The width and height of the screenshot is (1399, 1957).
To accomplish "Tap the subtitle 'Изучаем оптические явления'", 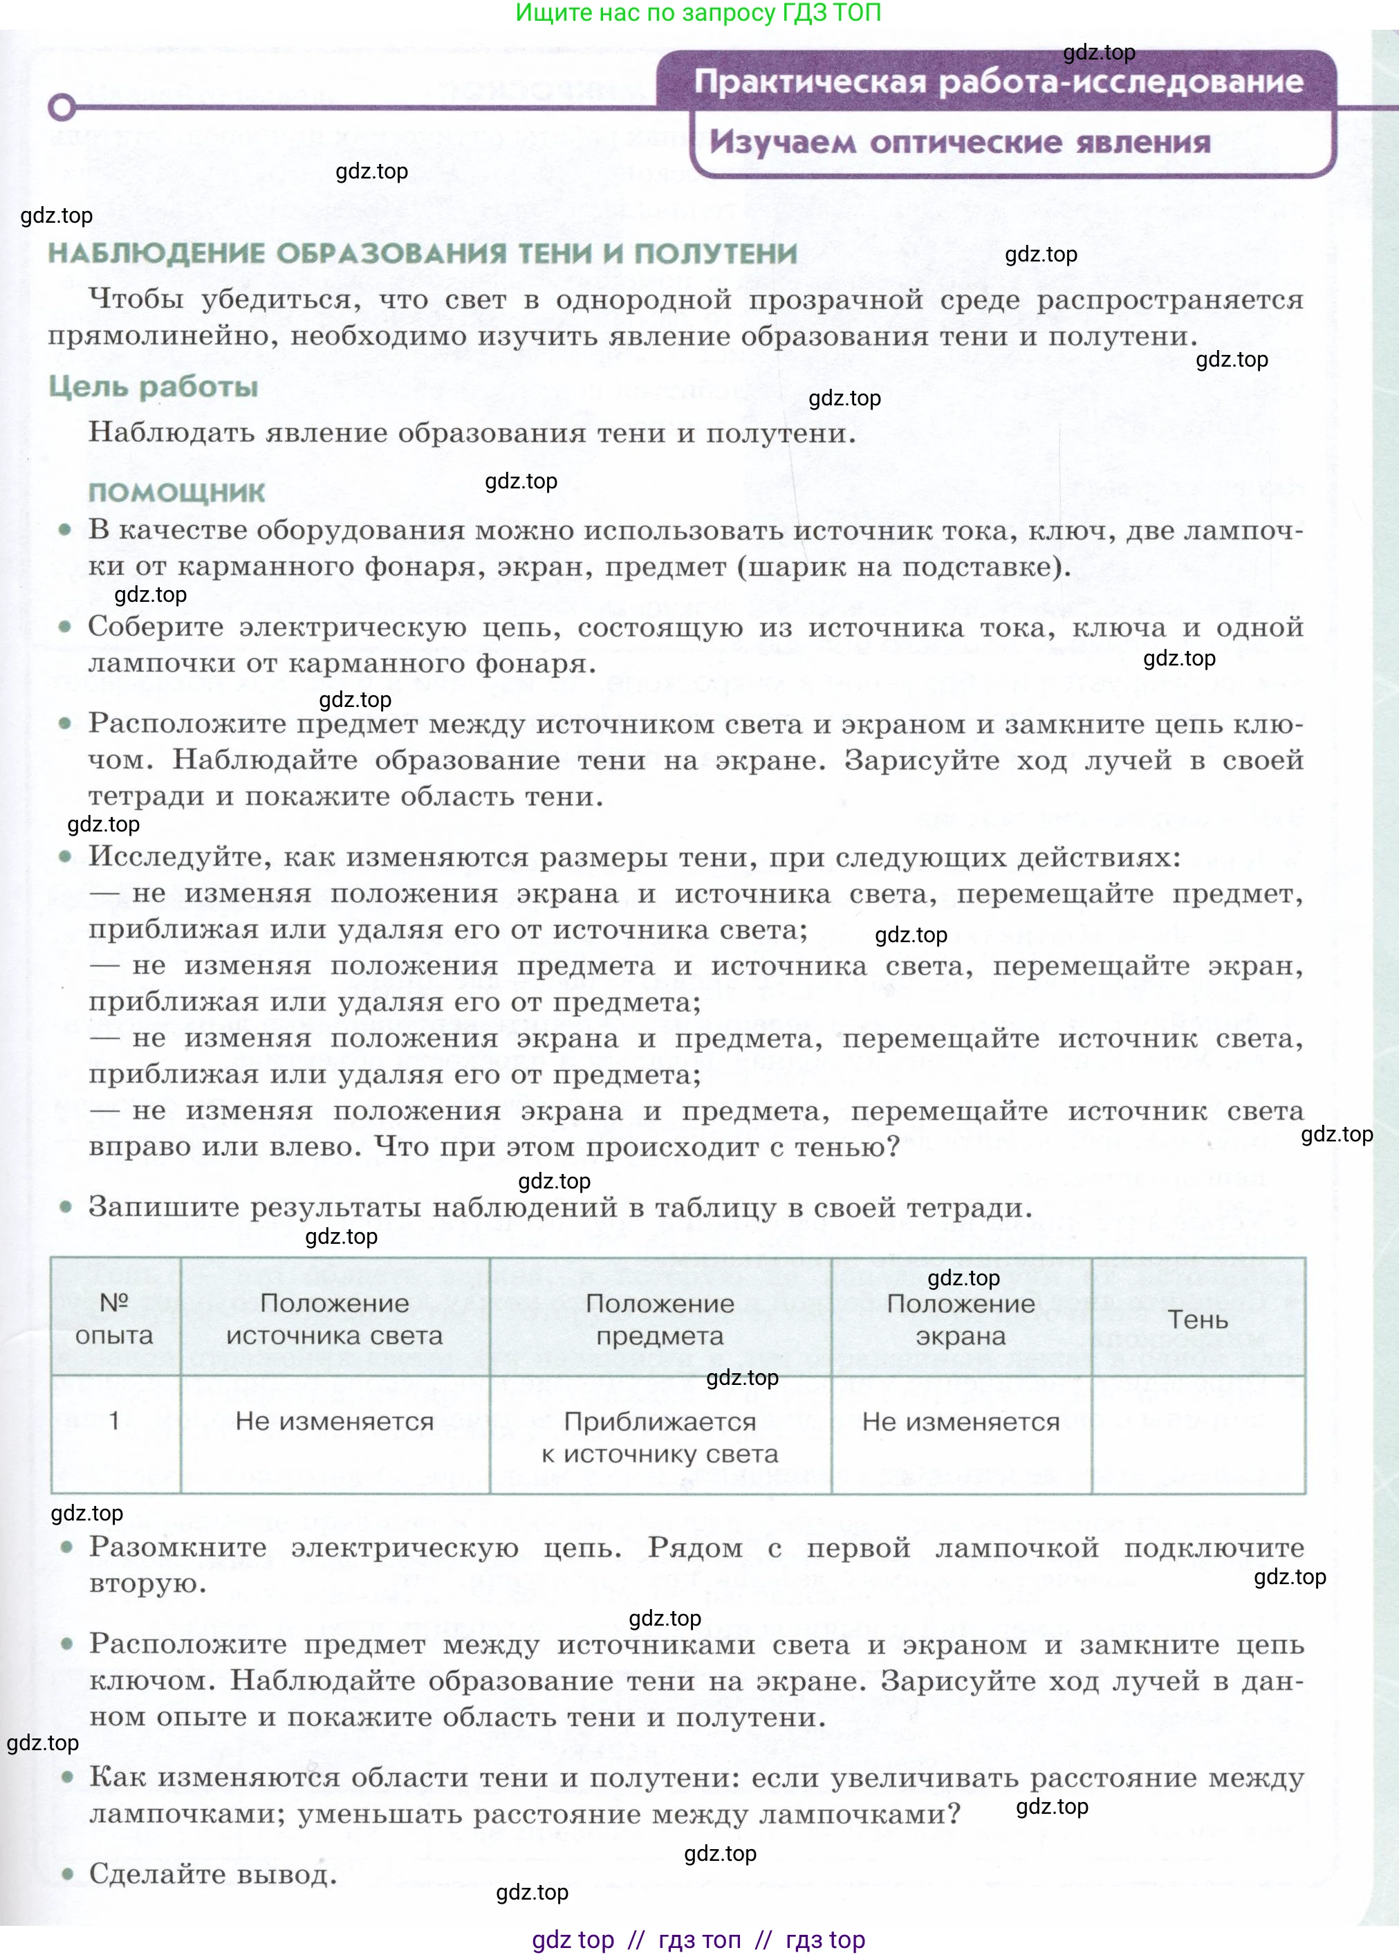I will pos(960,143).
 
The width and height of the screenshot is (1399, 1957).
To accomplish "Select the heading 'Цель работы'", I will pos(154,387).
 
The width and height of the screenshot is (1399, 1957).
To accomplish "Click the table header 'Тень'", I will pos(1198,1319).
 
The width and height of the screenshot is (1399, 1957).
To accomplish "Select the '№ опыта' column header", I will pos(115,1319).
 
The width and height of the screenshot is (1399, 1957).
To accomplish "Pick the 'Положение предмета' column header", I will pos(660,1319).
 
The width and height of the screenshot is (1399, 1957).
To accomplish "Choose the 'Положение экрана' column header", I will pos(961,1319).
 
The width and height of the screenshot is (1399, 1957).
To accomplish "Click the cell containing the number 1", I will pos(115,1420).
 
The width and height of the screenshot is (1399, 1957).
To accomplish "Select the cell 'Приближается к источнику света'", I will pos(660,1437).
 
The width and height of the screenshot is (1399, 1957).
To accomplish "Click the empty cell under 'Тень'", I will pos(1198,1435).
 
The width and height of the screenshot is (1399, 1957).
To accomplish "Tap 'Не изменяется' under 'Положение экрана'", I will pos(961,1422).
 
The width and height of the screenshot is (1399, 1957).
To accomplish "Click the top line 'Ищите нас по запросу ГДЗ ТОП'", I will pos(698,13).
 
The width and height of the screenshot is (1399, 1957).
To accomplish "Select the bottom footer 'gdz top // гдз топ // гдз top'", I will pos(698,1939).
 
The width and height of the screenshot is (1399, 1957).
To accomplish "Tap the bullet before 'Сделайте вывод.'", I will pos(66,1873).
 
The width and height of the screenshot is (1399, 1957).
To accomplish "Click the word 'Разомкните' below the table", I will pos(178,1547).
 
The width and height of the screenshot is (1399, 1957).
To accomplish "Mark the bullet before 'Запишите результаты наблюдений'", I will pos(66,1207).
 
